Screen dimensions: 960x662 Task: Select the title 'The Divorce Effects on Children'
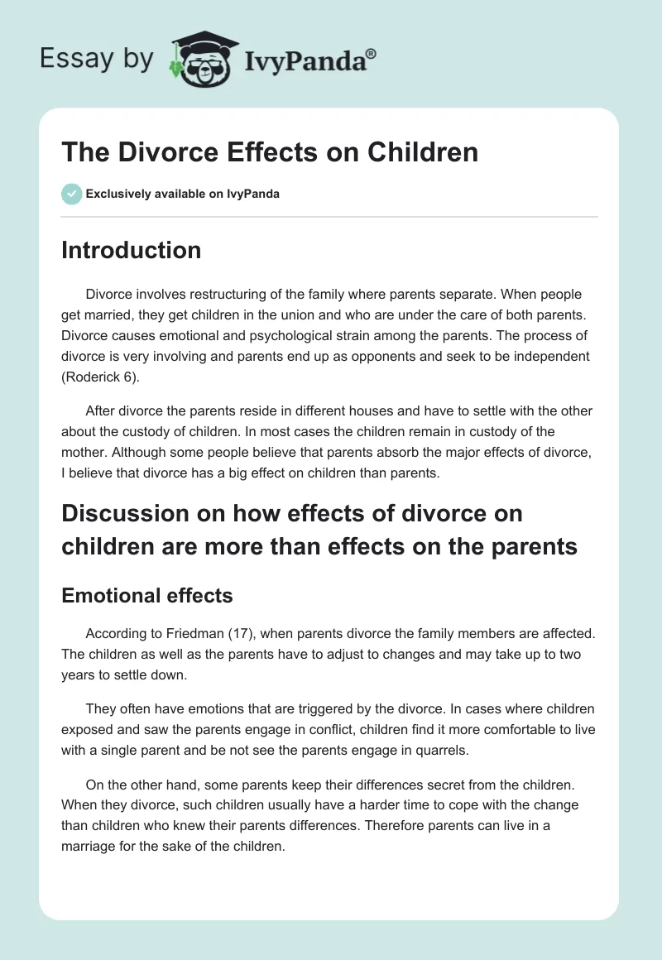click(x=270, y=152)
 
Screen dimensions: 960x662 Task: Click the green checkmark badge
click(x=71, y=194)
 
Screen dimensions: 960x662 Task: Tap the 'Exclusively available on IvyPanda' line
click(x=182, y=194)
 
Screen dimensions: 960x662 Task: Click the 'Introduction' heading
click(x=131, y=250)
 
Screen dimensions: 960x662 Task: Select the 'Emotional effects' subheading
click(x=146, y=595)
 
